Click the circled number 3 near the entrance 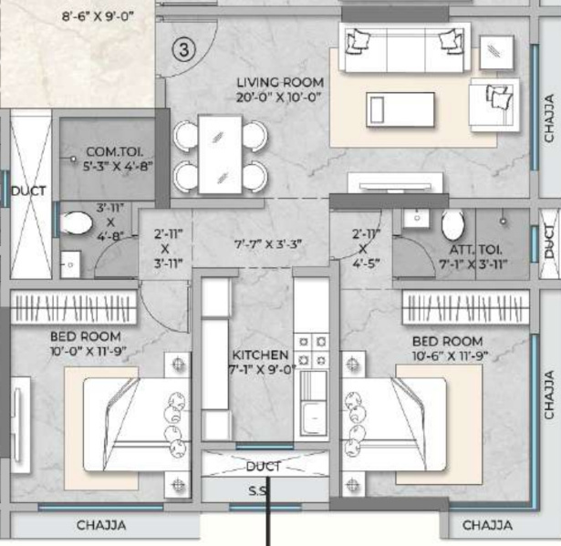[182, 51]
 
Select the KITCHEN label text [260, 354]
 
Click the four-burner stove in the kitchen [313, 350]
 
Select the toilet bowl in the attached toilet [452, 224]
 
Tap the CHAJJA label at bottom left [100, 525]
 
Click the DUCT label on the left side [27, 191]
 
